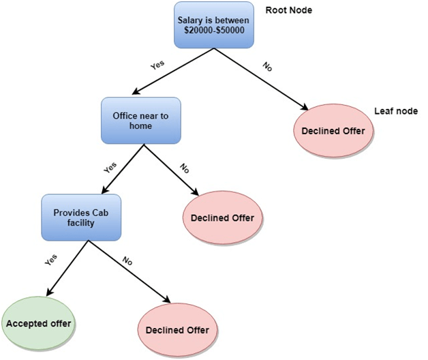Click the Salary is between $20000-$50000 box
213,26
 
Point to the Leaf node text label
396,112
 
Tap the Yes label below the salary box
157,66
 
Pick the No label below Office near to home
183,166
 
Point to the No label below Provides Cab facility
127,260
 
